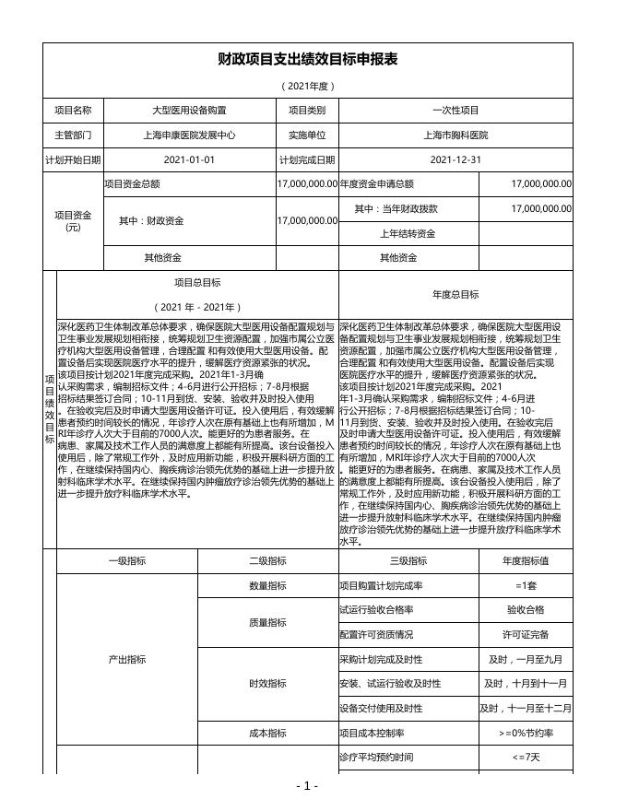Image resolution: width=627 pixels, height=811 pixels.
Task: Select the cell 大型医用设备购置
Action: click(x=189, y=110)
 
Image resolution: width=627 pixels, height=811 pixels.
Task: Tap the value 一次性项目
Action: click(x=455, y=110)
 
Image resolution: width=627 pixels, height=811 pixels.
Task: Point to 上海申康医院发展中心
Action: click(x=189, y=135)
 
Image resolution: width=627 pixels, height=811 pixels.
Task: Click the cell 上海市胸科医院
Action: click(x=455, y=135)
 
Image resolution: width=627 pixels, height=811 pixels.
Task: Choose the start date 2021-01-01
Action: click(x=189, y=159)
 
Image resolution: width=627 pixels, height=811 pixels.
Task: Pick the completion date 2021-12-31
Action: click(x=455, y=159)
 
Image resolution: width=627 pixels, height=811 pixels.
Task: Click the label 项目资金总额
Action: click(x=133, y=184)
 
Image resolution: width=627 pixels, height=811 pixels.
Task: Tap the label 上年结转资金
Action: click(x=408, y=234)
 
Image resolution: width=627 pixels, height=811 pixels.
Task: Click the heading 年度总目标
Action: click(x=455, y=295)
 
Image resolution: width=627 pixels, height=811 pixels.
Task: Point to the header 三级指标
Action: click(x=408, y=535)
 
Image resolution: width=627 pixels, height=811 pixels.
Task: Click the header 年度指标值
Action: click(x=526, y=535)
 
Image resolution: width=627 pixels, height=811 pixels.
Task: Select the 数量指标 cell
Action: click(x=268, y=559)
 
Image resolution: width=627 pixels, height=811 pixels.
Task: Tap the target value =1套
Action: click(x=526, y=559)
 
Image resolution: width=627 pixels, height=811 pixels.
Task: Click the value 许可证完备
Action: click(x=526, y=635)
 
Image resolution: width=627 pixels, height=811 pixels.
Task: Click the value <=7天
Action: click(x=526, y=758)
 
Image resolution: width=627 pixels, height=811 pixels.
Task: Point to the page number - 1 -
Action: click(x=308, y=786)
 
